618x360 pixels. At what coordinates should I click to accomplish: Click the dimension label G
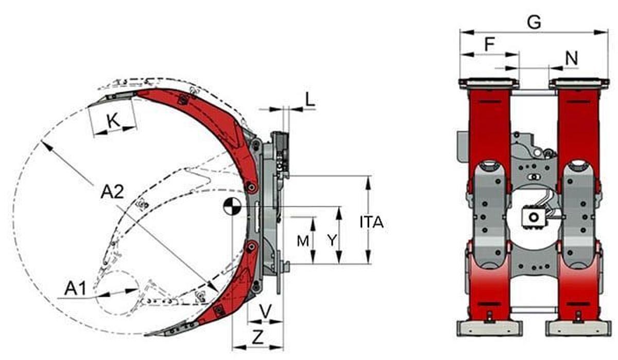tap(535, 22)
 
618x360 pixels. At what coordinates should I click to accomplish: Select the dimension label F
tap(490, 45)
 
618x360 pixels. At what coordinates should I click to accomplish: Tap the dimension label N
tap(571, 58)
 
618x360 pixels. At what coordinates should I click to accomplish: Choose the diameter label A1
tap(75, 289)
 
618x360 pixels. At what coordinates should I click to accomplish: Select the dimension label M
tap(304, 240)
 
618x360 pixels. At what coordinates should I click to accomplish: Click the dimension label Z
tap(259, 337)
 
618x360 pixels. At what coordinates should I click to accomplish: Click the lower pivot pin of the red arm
tap(251, 248)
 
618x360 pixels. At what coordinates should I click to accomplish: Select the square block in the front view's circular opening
tap(533, 217)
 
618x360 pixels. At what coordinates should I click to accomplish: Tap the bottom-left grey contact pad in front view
tap(489, 327)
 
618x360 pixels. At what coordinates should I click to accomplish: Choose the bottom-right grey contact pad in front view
tap(578, 327)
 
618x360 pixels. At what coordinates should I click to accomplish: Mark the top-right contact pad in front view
tap(578, 82)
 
